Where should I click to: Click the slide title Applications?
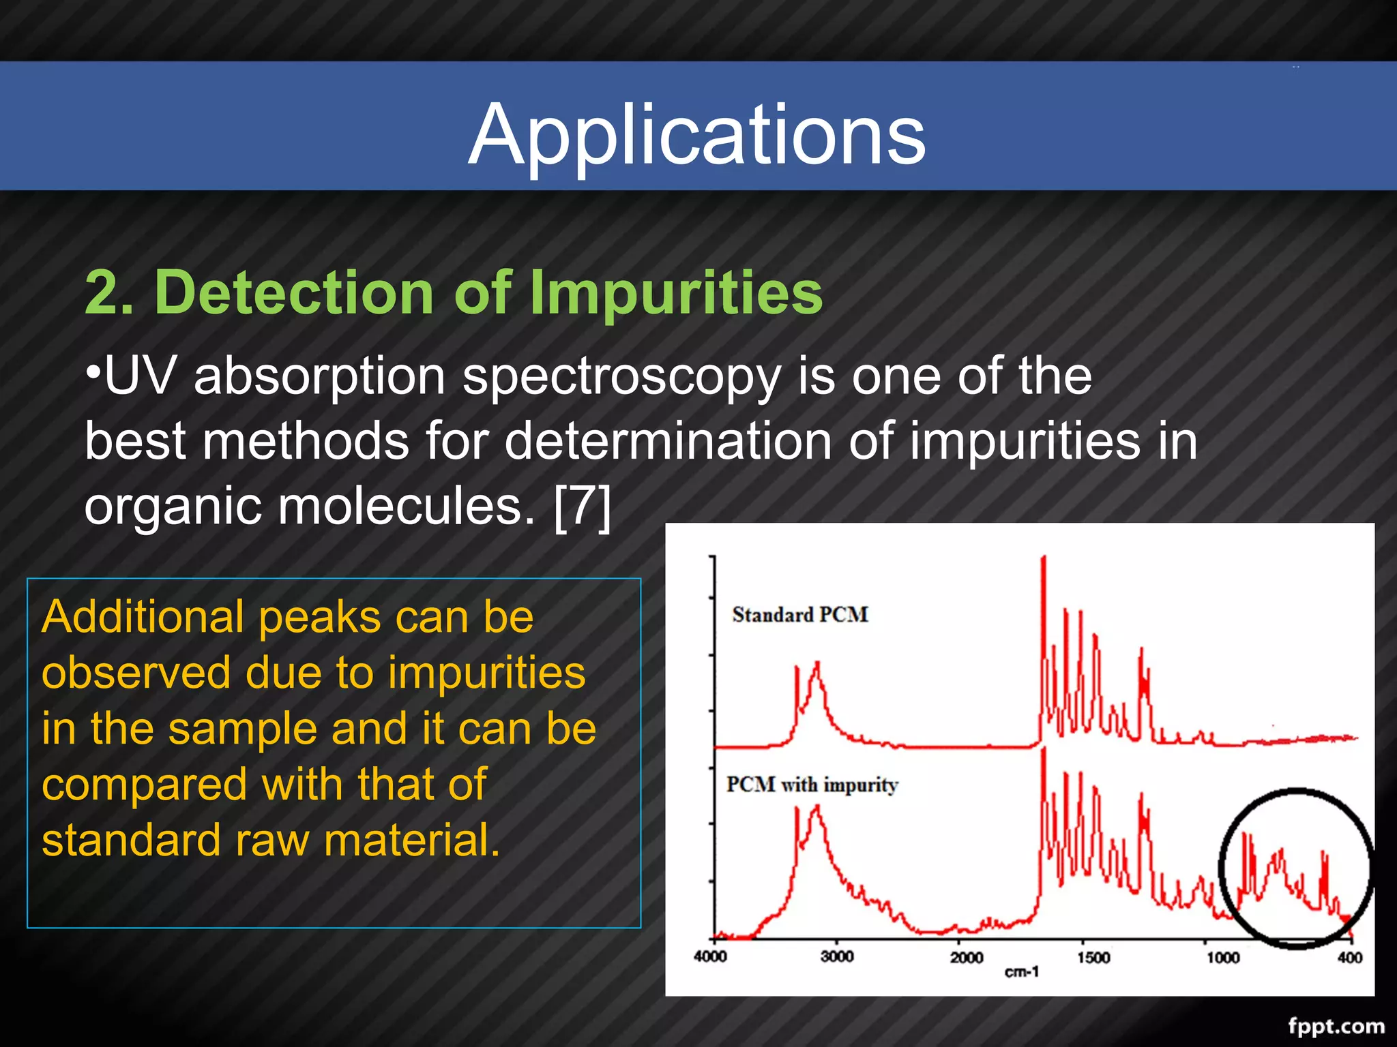[697, 134]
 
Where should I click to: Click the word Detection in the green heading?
[295, 293]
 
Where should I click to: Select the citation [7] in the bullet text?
[583, 506]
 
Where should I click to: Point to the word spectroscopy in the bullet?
[621, 378]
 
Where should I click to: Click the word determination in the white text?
[668, 441]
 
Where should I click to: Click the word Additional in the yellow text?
[142, 617]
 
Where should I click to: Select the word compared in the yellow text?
[144, 785]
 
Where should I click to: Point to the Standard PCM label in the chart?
[799, 615]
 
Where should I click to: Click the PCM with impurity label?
[812, 785]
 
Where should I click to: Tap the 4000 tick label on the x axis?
[710, 956]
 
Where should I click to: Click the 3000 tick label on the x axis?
[837, 956]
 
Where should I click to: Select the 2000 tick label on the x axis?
[967, 957]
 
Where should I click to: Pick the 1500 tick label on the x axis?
[1093, 957]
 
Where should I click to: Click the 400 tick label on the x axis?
[1349, 957]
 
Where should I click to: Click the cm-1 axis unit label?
[1021, 971]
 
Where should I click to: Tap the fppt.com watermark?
[1336, 1026]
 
